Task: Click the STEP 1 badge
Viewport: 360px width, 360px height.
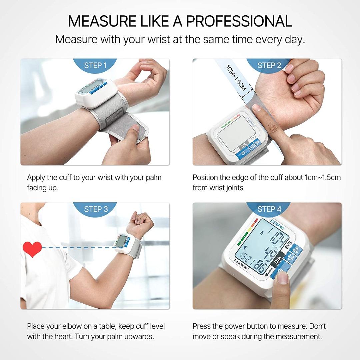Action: [x=95, y=65]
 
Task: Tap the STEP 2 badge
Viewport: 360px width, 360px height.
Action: [x=269, y=65]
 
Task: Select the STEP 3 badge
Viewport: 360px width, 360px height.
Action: [x=96, y=209]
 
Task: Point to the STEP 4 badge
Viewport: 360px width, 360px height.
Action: [x=269, y=209]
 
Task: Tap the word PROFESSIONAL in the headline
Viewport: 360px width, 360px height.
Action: [x=239, y=21]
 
